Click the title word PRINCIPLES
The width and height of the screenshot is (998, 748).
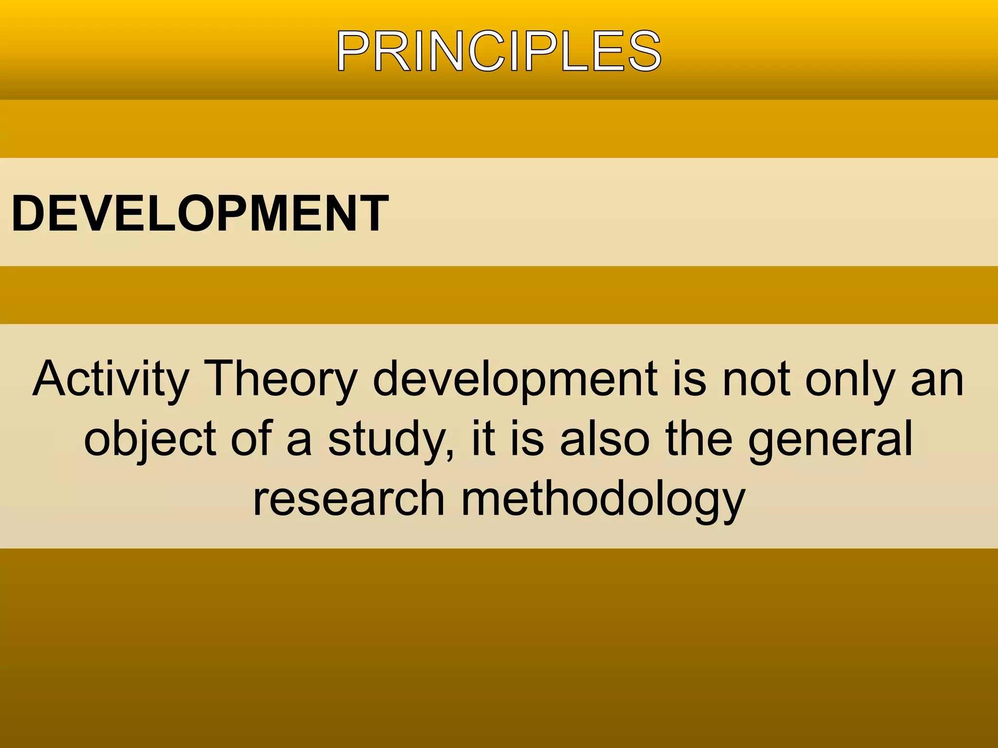point(499,51)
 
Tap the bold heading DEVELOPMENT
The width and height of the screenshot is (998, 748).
point(200,213)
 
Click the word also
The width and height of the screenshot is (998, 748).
point(605,438)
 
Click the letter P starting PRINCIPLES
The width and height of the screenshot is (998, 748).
point(352,52)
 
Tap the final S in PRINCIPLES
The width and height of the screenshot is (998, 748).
point(644,52)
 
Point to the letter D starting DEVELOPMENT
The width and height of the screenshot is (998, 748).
point(29,213)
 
